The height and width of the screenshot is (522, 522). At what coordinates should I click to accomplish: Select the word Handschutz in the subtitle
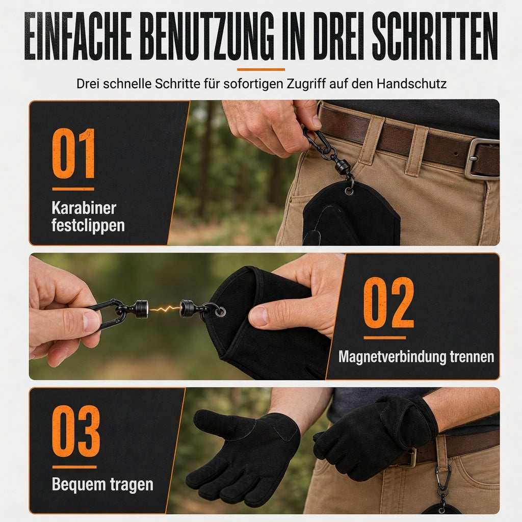pos(411,84)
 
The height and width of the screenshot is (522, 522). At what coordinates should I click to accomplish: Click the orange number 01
pos(73,153)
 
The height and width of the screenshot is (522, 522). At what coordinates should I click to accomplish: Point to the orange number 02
pos(388,302)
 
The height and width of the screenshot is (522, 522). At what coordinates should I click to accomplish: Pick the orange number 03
pos(76,431)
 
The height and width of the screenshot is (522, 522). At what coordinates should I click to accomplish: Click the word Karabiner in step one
pos(84,208)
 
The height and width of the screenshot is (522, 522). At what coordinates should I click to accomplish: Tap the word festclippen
pos(88,225)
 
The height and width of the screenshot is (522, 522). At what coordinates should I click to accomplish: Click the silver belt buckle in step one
pos(481,158)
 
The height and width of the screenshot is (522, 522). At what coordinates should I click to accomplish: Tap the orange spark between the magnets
pos(164,308)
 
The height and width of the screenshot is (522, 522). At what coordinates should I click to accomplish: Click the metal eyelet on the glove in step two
pos(220,312)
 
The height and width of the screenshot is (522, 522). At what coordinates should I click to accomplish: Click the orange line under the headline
pos(261,69)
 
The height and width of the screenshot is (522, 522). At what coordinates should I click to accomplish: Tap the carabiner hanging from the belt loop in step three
pos(443,478)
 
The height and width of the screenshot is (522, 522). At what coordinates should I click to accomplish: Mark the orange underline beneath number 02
pos(384,337)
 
